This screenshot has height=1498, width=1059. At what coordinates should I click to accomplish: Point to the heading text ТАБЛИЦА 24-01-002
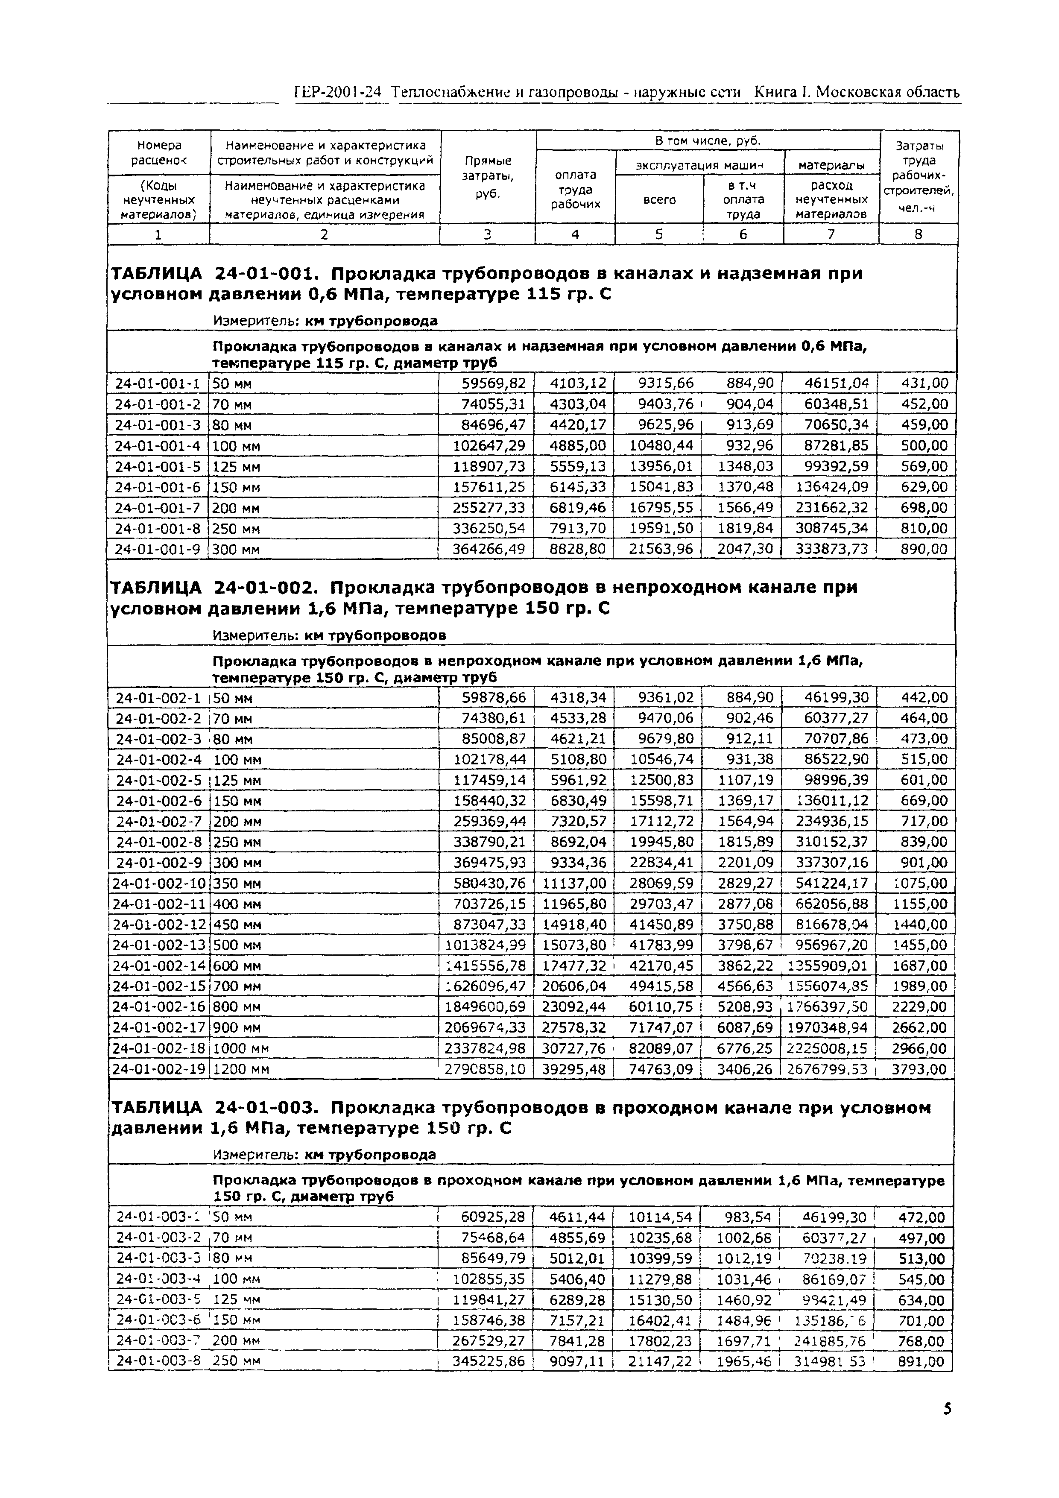pos(214,588)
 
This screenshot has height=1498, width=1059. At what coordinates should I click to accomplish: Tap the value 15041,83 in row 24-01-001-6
pos(661,487)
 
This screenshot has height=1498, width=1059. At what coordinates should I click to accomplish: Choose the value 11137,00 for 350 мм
pos(574,884)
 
